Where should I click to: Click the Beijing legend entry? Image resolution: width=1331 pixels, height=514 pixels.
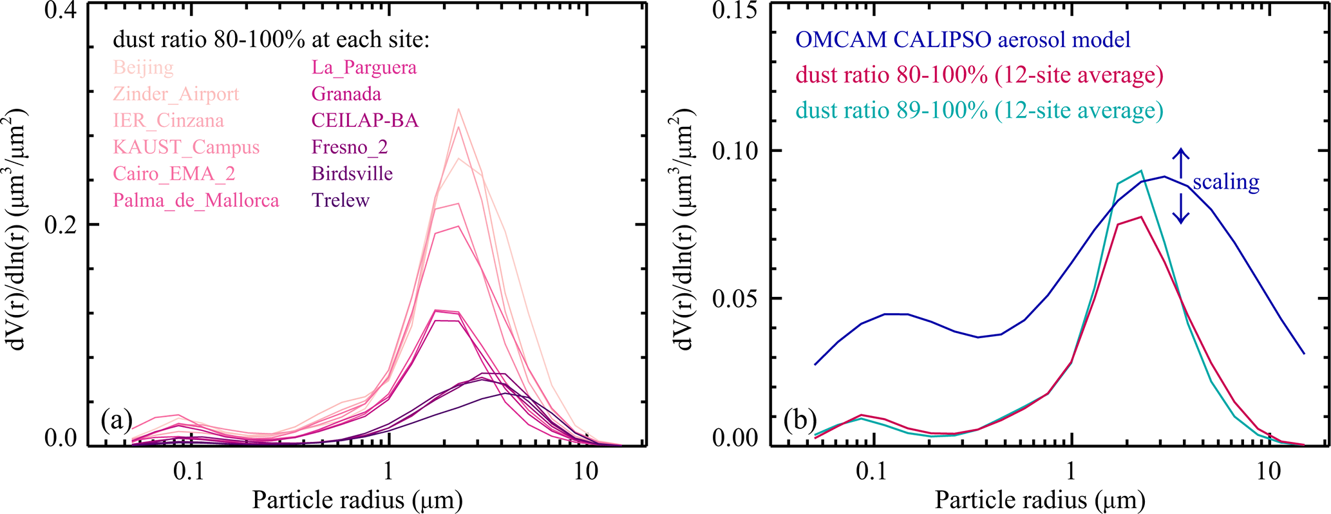coord(144,68)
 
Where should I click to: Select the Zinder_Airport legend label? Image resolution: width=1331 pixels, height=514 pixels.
coord(176,94)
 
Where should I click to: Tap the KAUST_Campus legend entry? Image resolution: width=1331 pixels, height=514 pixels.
coord(186,148)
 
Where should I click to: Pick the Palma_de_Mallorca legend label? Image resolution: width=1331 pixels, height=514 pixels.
coord(196,200)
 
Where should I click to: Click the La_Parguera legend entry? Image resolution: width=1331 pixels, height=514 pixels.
coord(364,68)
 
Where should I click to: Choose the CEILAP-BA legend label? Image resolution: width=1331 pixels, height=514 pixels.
coord(364,120)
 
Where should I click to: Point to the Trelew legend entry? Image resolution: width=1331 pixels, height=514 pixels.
coord(341,200)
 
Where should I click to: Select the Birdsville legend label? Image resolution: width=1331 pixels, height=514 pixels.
coord(352,174)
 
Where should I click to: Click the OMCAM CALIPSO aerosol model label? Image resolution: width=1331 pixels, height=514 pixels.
coord(963,40)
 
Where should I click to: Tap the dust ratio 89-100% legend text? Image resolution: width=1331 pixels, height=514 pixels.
coord(979,111)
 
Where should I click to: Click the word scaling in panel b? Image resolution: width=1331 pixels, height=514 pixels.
coord(1225,182)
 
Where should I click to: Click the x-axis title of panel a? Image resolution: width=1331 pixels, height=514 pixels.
coord(357,500)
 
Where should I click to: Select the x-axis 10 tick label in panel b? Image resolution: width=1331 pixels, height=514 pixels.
coord(1268,471)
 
